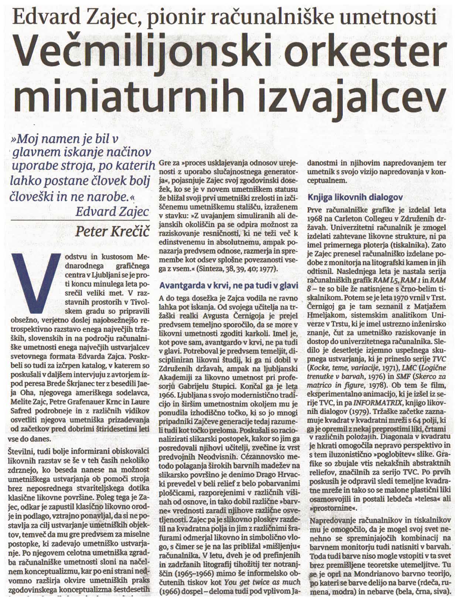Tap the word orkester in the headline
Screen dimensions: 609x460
point(351,53)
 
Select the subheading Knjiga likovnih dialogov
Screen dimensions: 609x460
point(356,197)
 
